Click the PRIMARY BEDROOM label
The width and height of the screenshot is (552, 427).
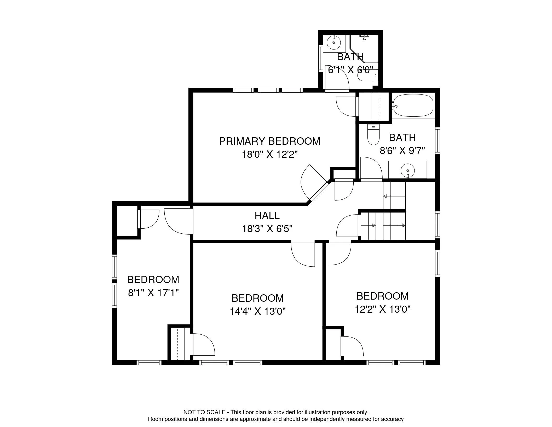coord(269,141)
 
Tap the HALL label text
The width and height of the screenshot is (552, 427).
coord(267,216)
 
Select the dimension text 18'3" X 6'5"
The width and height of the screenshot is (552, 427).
coord(267,229)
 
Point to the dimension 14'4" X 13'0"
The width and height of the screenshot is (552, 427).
coord(257,311)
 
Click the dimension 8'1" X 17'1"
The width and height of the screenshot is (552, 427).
coord(153,293)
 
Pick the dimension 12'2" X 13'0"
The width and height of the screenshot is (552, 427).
coord(383,309)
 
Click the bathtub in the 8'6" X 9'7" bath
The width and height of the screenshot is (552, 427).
coord(413,106)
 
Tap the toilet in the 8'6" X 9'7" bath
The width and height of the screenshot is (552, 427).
coord(373,134)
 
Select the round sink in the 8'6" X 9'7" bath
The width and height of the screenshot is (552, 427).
coord(407,170)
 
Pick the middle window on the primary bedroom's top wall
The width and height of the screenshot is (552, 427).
coord(268,90)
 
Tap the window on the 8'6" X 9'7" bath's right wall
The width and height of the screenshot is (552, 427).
coord(438,141)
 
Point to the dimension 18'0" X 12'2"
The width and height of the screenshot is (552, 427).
coord(270,155)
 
